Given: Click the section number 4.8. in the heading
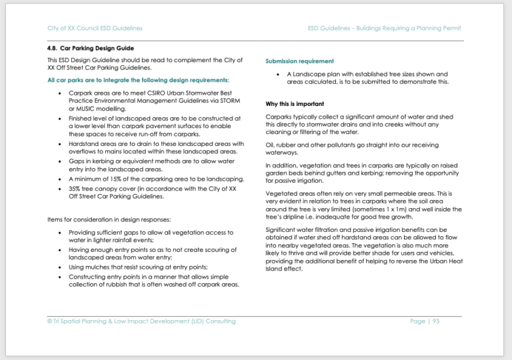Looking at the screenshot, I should [x=53, y=49].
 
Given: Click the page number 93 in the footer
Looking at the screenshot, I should [x=435, y=321].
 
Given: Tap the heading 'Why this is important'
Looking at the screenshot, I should [x=295, y=104].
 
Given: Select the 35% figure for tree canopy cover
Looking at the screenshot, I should [x=75, y=189].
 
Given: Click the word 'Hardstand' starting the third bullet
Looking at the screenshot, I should [x=84, y=143].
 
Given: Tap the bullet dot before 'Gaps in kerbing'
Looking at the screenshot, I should [x=61, y=161].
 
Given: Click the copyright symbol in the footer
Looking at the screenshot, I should [x=50, y=321].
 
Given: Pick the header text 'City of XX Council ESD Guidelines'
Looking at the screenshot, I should [x=95, y=28].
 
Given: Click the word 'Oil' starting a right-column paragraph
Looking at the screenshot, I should [x=269, y=145].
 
